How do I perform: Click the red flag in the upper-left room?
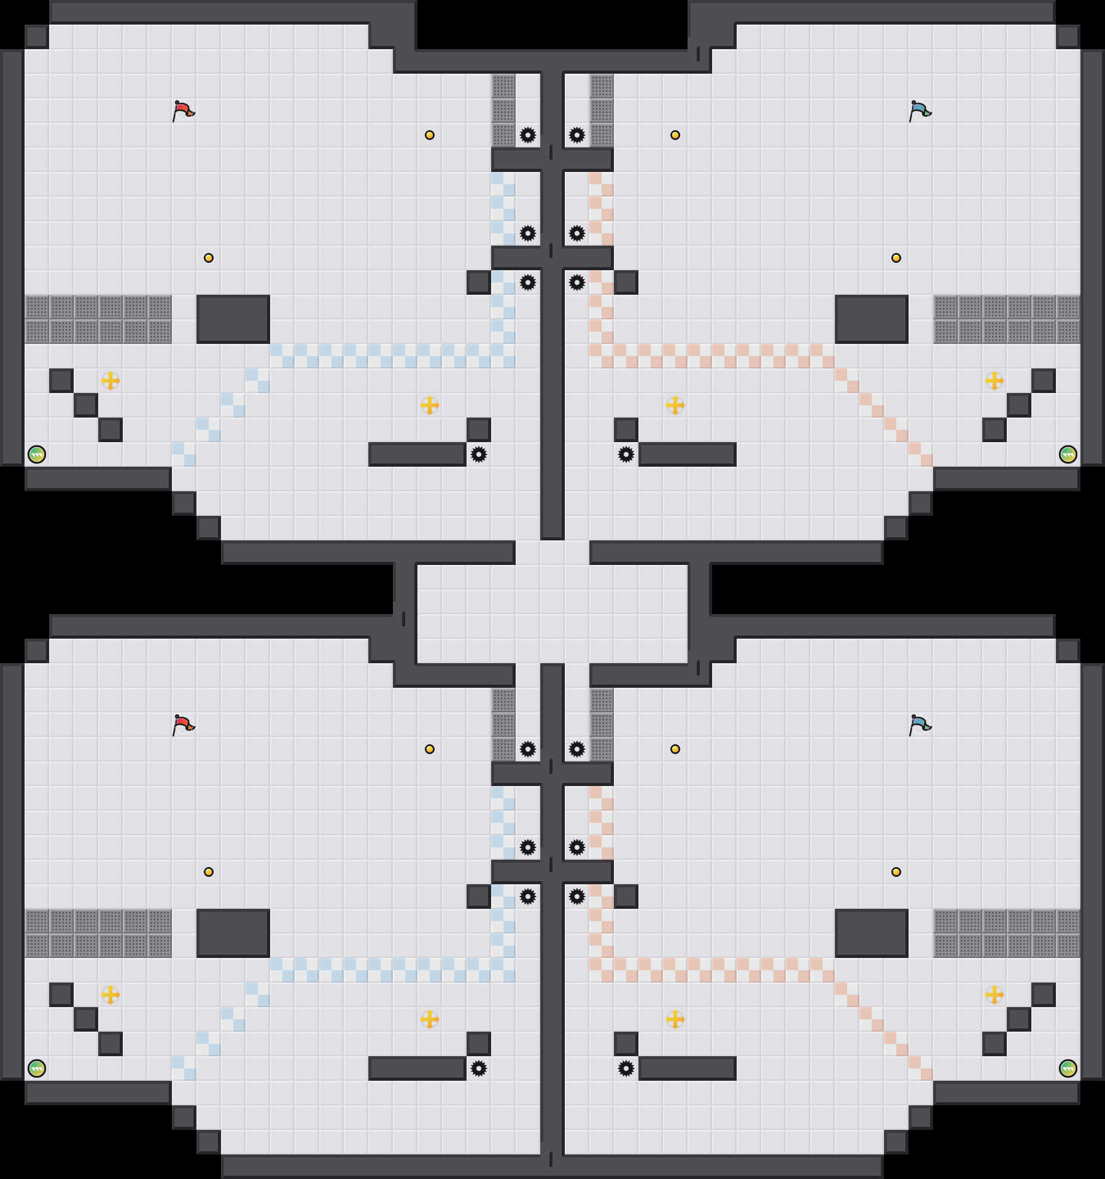tap(183, 111)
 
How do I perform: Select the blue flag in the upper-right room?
tap(920, 111)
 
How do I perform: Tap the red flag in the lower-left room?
tap(183, 725)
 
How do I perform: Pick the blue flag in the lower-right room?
tap(920, 725)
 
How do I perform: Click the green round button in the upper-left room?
tap(37, 454)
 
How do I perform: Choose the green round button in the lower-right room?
tap(1068, 1068)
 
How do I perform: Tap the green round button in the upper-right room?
tap(1068, 454)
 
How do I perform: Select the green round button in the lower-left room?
tap(37, 1068)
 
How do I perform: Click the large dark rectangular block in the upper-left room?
tap(233, 319)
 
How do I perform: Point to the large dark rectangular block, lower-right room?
tap(872, 933)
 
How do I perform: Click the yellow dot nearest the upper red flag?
tap(209, 258)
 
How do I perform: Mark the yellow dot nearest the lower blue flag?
tap(896, 872)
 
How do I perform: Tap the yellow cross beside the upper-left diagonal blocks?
tap(110, 381)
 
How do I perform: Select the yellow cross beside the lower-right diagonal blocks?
tap(995, 995)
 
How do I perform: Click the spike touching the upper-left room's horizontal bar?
tap(479, 454)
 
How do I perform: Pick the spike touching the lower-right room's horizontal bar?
tap(626, 1068)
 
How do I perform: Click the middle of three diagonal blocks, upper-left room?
tap(86, 405)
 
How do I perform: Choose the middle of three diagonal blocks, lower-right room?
tap(1019, 1019)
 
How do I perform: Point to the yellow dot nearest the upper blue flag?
tap(896, 258)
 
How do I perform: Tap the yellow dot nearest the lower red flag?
tap(209, 872)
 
